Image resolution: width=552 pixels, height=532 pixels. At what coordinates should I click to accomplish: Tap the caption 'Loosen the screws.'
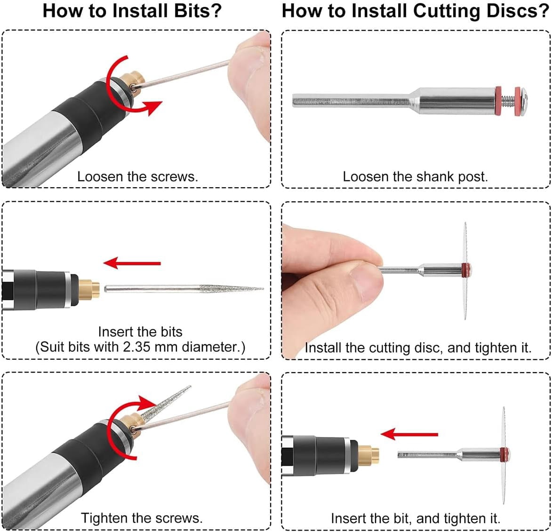[x=138, y=177]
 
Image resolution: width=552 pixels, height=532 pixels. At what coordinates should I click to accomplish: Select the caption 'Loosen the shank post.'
[x=416, y=177]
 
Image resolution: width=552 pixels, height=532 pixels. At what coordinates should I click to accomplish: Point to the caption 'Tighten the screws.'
[x=142, y=518]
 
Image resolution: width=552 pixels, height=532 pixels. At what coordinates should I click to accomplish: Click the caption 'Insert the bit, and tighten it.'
[x=416, y=518]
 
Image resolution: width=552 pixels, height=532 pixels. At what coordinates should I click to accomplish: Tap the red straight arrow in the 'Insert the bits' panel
[x=132, y=263]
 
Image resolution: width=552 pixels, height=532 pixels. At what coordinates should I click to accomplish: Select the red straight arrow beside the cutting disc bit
[x=409, y=434]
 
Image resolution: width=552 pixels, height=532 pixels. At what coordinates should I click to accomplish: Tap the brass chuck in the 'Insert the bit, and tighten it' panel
[x=368, y=456]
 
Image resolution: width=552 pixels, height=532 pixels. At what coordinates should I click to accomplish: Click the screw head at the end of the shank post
[x=523, y=101]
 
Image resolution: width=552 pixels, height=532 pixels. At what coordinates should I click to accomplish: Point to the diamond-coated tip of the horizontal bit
[x=231, y=289]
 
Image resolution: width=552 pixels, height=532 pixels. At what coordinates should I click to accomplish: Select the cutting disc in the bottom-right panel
[x=504, y=455]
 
